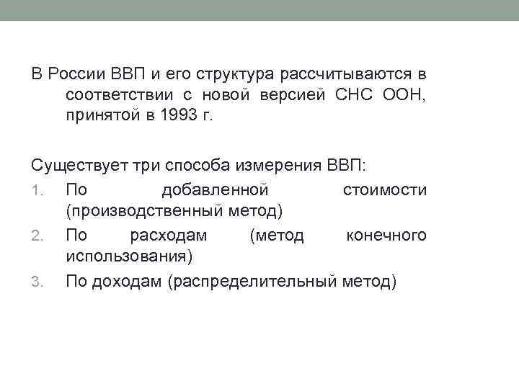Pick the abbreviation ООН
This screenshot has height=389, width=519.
[x=404, y=96]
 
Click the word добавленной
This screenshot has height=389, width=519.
[x=216, y=189]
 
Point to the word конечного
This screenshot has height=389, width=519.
[x=386, y=235]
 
